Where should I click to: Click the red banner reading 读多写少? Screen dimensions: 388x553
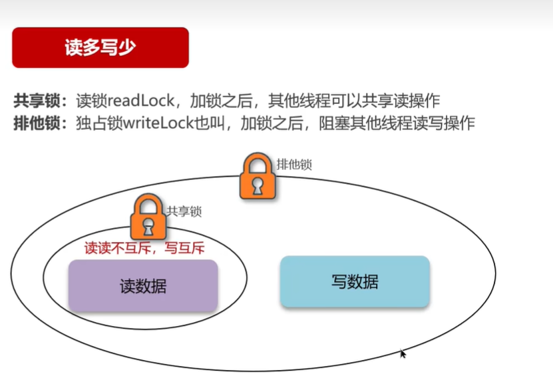[100, 47]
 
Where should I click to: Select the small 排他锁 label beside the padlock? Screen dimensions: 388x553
[294, 164]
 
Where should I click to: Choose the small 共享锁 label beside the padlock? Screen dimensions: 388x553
[184, 211]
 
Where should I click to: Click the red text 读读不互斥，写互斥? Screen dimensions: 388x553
[144, 247]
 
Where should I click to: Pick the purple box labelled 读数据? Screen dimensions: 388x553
[143, 286]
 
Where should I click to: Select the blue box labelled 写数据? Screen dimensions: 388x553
[355, 281]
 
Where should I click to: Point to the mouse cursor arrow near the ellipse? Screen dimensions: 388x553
[403, 353]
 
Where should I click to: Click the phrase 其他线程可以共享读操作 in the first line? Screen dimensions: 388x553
[353, 101]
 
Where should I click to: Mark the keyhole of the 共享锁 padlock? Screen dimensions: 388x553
[148, 225]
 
